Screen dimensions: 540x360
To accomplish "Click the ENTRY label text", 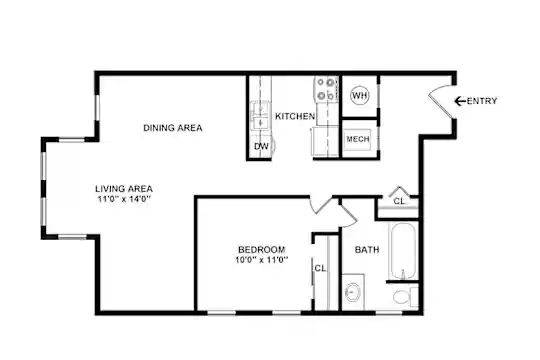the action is pyautogui.click(x=482, y=101).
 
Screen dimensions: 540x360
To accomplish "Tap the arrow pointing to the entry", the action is pyautogui.click(x=460, y=101).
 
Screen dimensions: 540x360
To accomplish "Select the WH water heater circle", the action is pyautogui.click(x=360, y=95).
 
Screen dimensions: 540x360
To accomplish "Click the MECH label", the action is pyautogui.click(x=358, y=139).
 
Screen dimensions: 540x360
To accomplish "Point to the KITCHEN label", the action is pyautogui.click(x=295, y=116).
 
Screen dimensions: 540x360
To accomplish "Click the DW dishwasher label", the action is pyautogui.click(x=261, y=146).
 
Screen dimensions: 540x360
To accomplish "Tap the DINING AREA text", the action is pyautogui.click(x=173, y=128).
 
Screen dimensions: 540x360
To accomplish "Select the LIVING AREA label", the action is pyautogui.click(x=124, y=189).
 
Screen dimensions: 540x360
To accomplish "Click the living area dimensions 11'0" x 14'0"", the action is pyautogui.click(x=124, y=199).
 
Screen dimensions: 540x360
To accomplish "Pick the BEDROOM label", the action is pyautogui.click(x=262, y=249).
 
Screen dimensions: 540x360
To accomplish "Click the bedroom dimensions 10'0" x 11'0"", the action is pyautogui.click(x=262, y=260).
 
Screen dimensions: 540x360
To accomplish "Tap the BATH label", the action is pyautogui.click(x=367, y=249).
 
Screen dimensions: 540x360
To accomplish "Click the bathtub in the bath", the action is pyautogui.click(x=402, y=251).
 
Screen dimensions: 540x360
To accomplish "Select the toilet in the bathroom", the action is pyautogui.click(x=405, y=297).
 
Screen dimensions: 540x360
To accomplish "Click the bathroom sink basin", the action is pyautogui.click(x=353, y=292).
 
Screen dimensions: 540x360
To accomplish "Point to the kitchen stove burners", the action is pyautogui.click(x=326, y=89).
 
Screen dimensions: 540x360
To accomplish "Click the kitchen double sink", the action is pyautogui.click(x=260, y=115).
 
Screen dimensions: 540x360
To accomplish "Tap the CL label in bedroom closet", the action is pyautogui.click(x=320, y=268).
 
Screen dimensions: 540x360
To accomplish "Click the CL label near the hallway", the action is pyautogui.click(x=399, y=201).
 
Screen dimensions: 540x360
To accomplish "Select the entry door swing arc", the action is pyautogui.click(x=437, y=89).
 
